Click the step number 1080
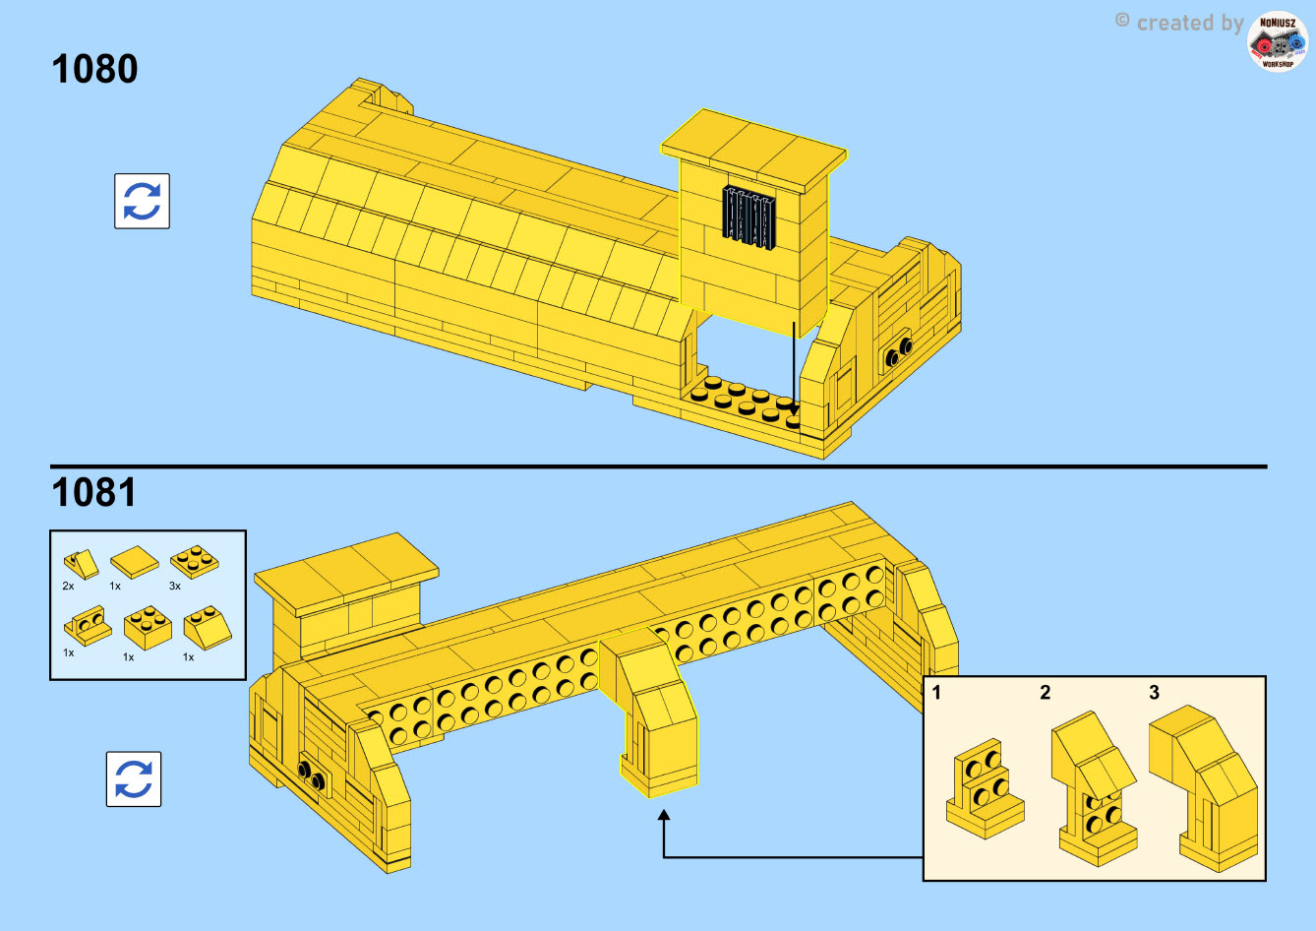click(94, 69)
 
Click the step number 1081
click(94, 492)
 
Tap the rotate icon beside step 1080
click(143, 201)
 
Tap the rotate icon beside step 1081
click(134, 778)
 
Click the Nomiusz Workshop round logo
click(1278, 41)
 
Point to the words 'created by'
click(1190, 23)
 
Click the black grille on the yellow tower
click(748, 217)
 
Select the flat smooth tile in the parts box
click(135, 561)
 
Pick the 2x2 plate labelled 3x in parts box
click(195, 561)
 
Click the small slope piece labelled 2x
click(81, 565)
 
